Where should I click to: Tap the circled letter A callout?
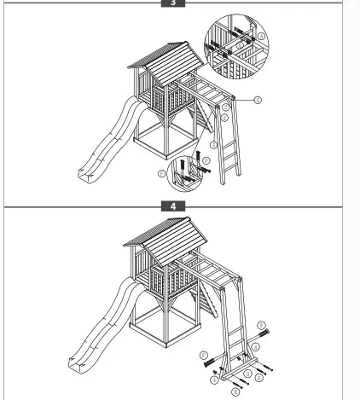[x=258, y=100]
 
